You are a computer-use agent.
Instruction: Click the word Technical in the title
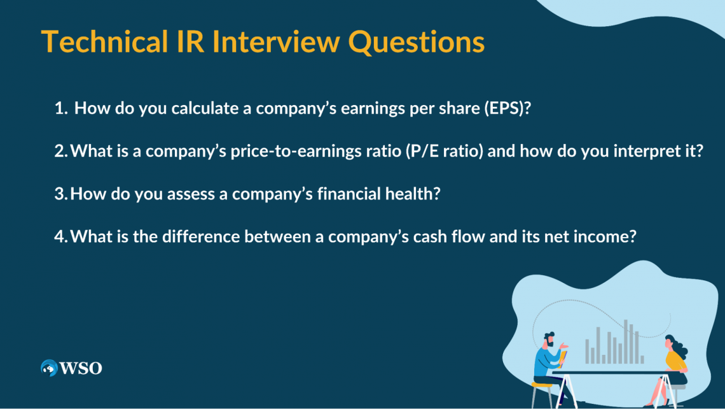click(x=104, y=41)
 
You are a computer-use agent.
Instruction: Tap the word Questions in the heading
click(x=416, y=42)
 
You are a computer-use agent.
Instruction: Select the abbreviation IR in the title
click(x=190, y=41)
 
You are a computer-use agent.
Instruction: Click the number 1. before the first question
click(x=61, y=108)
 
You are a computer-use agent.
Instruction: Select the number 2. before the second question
click(x=61, y=151)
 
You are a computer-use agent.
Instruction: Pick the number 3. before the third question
click(x=61, y=194)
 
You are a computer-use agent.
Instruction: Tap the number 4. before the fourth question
click(x=61, y=237)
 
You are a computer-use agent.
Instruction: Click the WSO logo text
click(x=81, y=368)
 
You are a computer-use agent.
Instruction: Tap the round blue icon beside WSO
click(x=49, y=368)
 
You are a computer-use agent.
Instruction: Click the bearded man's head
click(x=549, y=340)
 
